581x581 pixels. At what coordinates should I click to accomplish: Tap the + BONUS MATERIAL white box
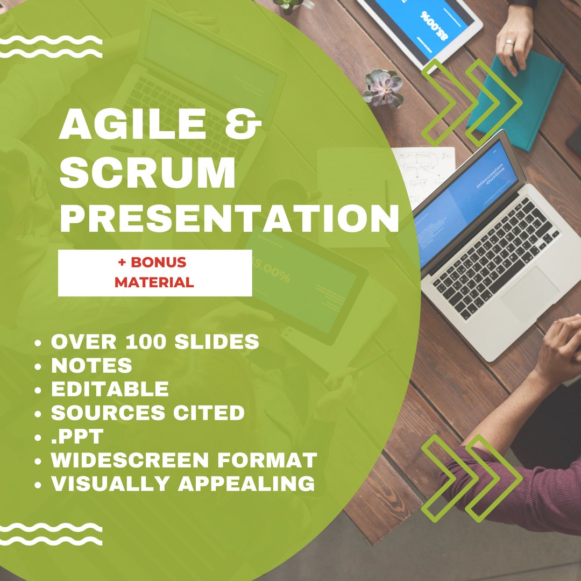tap(154, 273)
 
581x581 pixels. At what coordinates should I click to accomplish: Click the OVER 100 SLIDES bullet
tap(154, 342)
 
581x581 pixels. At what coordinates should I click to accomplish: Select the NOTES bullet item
tap(91, 365)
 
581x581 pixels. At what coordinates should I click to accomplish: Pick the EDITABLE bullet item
tap(109, 389)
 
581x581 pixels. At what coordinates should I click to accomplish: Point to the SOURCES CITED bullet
tap(147, 413)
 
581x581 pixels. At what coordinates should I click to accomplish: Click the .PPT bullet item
tap(76, 436)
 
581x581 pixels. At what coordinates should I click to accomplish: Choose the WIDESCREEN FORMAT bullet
tap(183, 460)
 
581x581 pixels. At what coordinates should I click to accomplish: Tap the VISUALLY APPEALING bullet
tap(182, 484)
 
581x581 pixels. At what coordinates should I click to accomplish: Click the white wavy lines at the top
tap(51, 47)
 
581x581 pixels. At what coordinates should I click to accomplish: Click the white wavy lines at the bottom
tap(51, 533)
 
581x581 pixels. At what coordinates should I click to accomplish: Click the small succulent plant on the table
tap(382, 88)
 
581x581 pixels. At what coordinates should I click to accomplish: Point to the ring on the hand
tap(509, 42)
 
